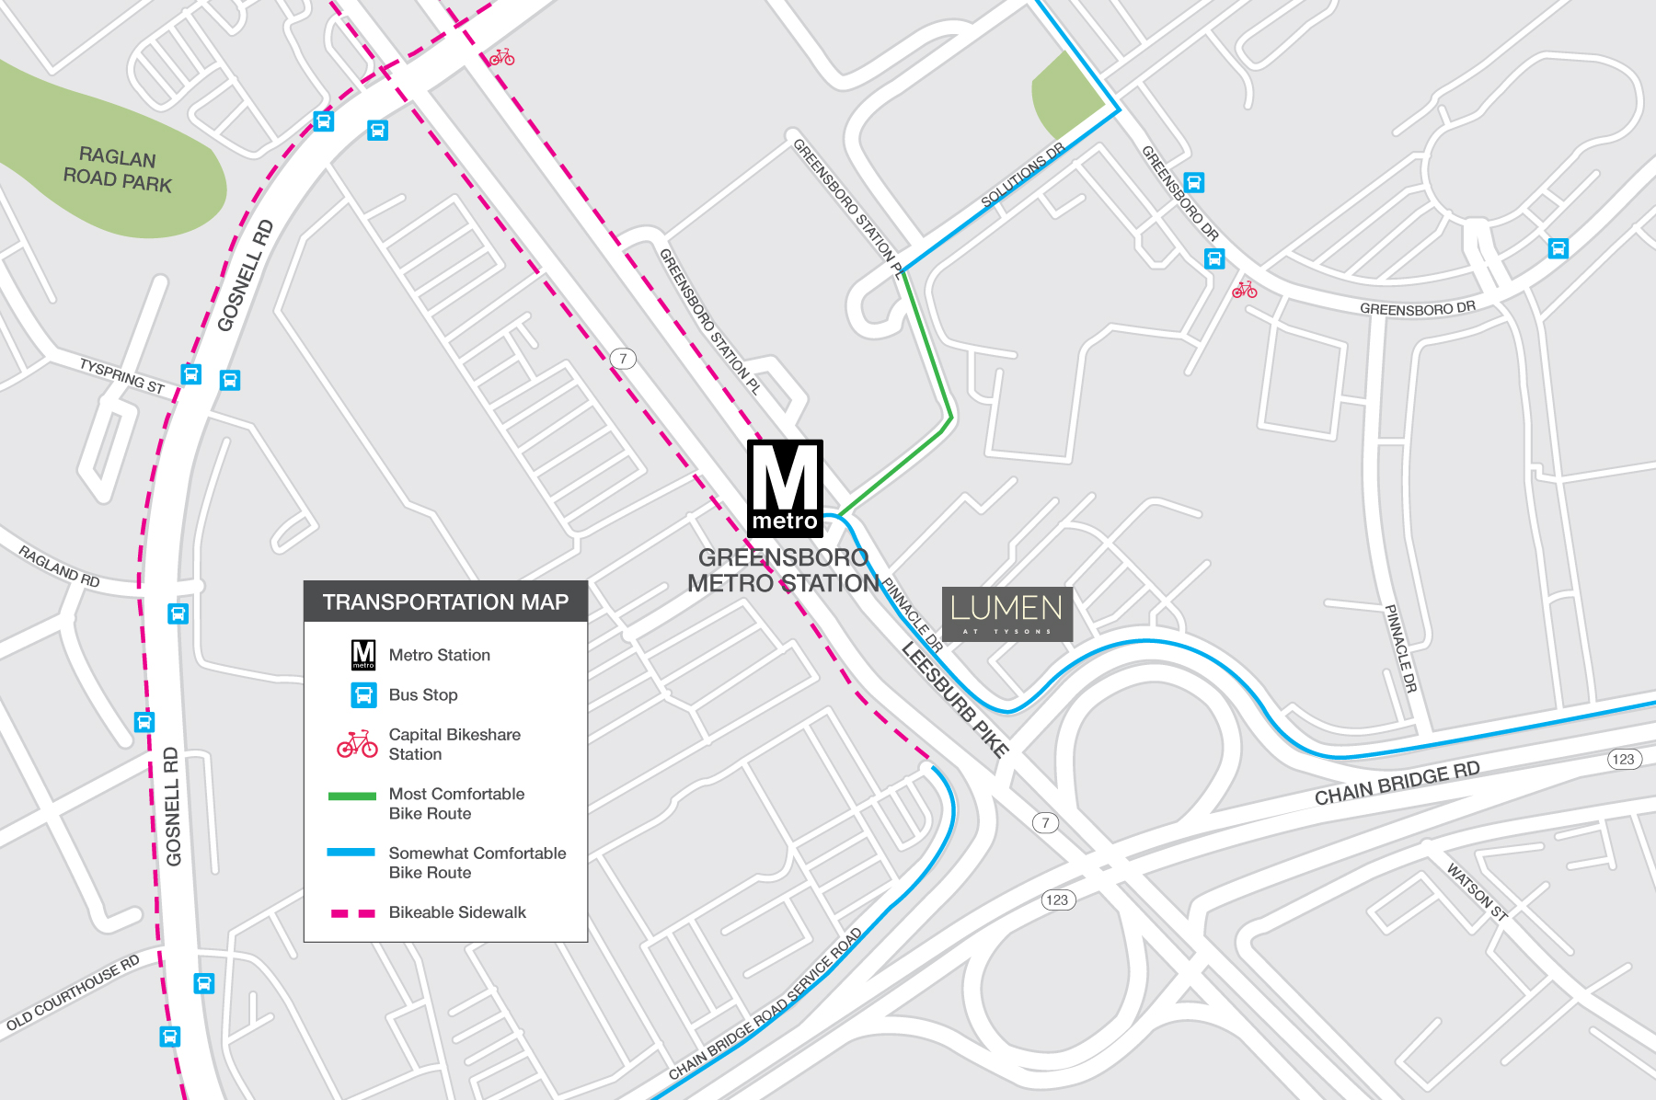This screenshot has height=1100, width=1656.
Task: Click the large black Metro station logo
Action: pyautogui.click(x=785, y=487)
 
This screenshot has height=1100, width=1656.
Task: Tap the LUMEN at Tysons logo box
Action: pyautogui.click(x=1006, y=613)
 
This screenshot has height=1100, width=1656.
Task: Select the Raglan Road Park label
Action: pyautogui.click(x=118, y=169)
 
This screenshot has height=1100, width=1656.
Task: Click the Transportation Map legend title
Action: pyautogui.click(x=445, y=602)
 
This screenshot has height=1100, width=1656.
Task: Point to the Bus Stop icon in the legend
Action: pyautogui.click(x=364, y=695)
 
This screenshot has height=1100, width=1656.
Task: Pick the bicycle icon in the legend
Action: pyautogui.click(x=357, y=744)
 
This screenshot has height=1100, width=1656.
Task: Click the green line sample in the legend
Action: pyautogui.click(x=352, y=796)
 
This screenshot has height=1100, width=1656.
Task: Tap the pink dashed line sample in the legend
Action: pyautogui.click(x=352, y=913)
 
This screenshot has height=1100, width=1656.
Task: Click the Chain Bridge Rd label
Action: pyautogui.click(x=1397, y=783)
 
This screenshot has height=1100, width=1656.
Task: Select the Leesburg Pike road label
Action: pyautogui.click(x=955, y=699)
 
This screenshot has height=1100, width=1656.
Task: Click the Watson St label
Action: pyautogui.click(x=1477, y=891)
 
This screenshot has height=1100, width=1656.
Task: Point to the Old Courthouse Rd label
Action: pyautogui.click(x=73, y=992)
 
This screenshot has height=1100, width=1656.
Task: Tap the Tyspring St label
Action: pyautogui.click(x=121, y=375)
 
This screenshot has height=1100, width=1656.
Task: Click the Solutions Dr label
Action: pyautogui.click(x=1022, y=175)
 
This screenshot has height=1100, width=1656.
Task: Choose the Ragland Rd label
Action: pyautogui.click(x=59, y=566)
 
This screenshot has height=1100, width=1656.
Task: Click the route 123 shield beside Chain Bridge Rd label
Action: pyautogui.click(x=1624, y=759)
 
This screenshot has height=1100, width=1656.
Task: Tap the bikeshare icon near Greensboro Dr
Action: pyautogui.click(x=1244, y=290)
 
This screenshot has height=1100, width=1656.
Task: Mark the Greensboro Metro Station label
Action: pyautogui.click(x=783, y=570)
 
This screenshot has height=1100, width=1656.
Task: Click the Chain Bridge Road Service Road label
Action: pyautogui.click(x=765, y=1003)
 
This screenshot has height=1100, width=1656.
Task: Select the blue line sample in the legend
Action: pyautogui.click(x=352, y=853)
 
